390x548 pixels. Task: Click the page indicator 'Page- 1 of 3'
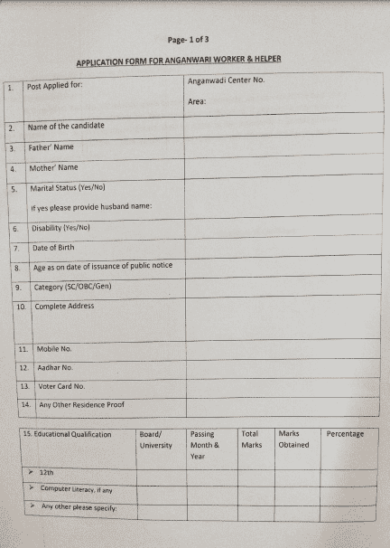[189, 40]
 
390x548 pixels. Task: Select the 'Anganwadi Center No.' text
[226, 81]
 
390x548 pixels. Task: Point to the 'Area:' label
[198, 101]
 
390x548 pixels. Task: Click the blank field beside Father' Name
[281, 146]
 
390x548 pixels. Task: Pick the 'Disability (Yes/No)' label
[64, 228]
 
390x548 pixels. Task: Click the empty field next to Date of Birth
[281, 247]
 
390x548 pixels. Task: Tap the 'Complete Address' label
[64, 306]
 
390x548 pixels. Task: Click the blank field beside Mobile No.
[281, 348]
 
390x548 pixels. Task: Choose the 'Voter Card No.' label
[60, 386]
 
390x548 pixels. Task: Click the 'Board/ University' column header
[155, 439]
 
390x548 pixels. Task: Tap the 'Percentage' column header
[345, 434]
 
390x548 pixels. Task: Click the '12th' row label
[46, 472]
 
